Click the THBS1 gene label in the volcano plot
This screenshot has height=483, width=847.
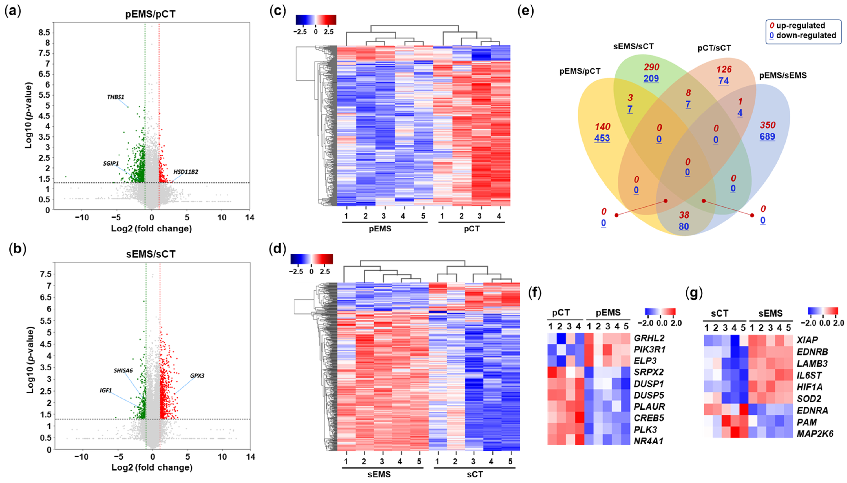pyautogui.click(x=115, y=97)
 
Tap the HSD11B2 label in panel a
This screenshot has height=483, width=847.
pyautogui.click(x=186, y=172)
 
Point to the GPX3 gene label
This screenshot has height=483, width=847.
pyautogui.click(x=197, y=376)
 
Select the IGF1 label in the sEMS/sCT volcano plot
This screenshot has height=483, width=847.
pyautogui.click(x=106, y=391)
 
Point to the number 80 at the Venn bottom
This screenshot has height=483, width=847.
pyautogui.click(x=684, y=227)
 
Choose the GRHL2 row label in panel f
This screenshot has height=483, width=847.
pyautogui.click(x=649, y=338)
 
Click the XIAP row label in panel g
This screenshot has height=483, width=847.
pyautogui.click(x=807, y=340)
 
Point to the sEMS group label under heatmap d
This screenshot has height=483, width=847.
pyautogui.click(x=379, y=474)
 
